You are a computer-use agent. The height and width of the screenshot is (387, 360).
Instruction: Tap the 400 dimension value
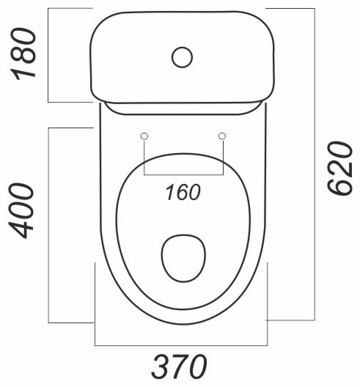(x=21, y=211)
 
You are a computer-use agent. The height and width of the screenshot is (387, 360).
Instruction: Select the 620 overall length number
(x=339, y=168)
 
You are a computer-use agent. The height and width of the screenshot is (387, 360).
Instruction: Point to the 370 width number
(x=179, y=366)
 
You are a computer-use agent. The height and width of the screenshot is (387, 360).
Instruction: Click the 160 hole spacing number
(x=183, y=192)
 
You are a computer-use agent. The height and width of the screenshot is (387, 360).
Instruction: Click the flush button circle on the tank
(x=183, y=57)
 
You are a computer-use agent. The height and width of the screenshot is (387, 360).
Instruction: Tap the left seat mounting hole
(x=144, y=136)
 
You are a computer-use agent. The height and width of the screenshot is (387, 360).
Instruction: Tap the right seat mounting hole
(x=222, y=136)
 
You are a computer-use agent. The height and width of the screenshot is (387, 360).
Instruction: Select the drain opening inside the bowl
(x=184, y=258)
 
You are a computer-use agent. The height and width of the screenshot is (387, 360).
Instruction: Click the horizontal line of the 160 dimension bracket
(x=184, y=174)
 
